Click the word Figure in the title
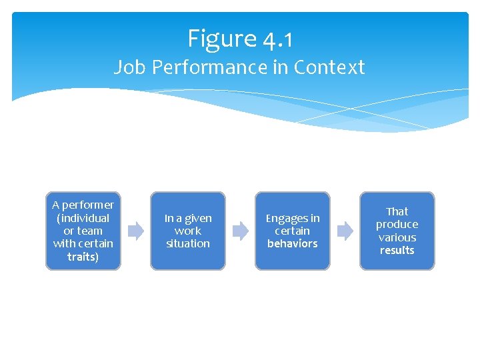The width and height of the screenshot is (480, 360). [x=221, y=39]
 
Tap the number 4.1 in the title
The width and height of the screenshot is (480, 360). [x=277, y=40]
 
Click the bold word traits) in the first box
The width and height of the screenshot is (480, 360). [x=83, y=257]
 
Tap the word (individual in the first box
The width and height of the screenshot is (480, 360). [x=83, y=218]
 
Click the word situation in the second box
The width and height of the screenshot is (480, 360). [x=188, y=243]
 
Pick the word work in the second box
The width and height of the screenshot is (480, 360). [x=188, y=231]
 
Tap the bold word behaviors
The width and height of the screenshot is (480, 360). [x=293, y=243]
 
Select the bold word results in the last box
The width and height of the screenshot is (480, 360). [x=397, y=250]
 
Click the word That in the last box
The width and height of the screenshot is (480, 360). [x=397, y=211]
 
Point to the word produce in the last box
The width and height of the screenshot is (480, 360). [x=397, y=224]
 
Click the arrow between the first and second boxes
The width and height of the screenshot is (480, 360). [x=135, y=231]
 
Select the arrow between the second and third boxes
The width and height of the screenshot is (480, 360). [x=240, y=231]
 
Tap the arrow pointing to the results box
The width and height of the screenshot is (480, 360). [x=345, y=231]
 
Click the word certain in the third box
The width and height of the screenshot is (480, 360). [x=293, y=231]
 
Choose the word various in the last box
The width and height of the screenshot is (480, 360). [x=397, y=237]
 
